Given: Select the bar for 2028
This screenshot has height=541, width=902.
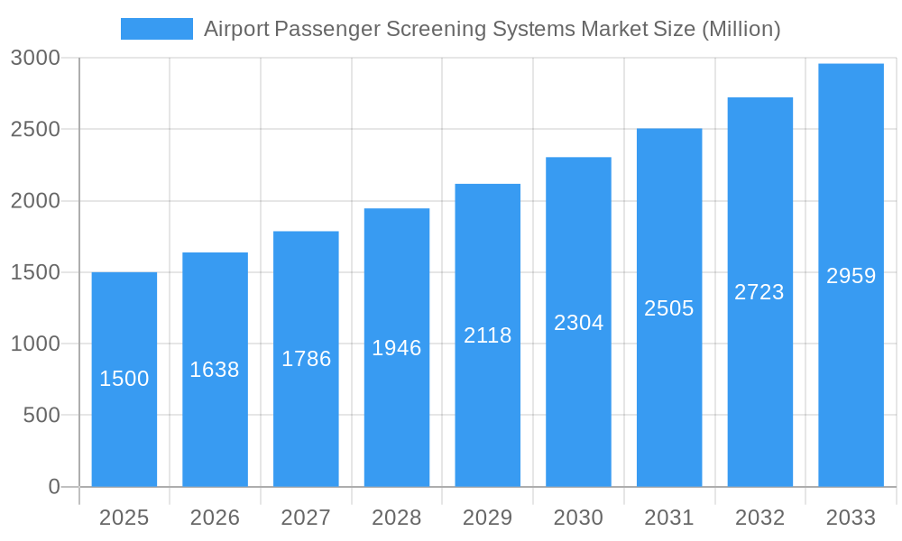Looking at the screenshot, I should [x=397, y=406].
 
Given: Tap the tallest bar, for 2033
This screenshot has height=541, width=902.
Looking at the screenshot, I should [x=851, y=361].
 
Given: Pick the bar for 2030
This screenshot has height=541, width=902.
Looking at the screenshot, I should [x=578, y=397].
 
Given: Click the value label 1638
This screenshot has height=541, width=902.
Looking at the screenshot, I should [x=215, y=370].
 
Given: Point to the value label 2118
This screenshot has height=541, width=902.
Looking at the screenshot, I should [x=487, y=335].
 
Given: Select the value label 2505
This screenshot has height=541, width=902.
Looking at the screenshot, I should [x=669, y=308].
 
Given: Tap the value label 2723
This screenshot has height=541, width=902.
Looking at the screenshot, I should [x=759, y=292].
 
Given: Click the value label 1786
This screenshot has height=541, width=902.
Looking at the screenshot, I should [x=306, y=359].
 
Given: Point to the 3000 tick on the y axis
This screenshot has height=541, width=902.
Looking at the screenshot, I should [x=35, y=59].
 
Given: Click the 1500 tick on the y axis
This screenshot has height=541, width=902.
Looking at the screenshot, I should [x=35, y=272].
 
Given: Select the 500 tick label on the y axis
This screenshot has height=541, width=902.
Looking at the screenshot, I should [x=41, y=416].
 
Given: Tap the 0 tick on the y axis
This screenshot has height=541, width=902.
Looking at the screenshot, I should [x=53, y=487].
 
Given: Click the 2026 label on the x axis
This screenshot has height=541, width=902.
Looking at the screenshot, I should [x=215, y=518].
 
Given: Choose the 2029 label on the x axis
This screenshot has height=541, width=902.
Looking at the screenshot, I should [x=487, y=518].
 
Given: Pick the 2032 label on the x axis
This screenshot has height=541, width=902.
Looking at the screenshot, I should [x=759, y=518].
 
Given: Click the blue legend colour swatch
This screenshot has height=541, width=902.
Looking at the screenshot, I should [x=157, y=29].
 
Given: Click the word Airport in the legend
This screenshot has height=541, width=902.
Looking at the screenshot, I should [x=234, y=29].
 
